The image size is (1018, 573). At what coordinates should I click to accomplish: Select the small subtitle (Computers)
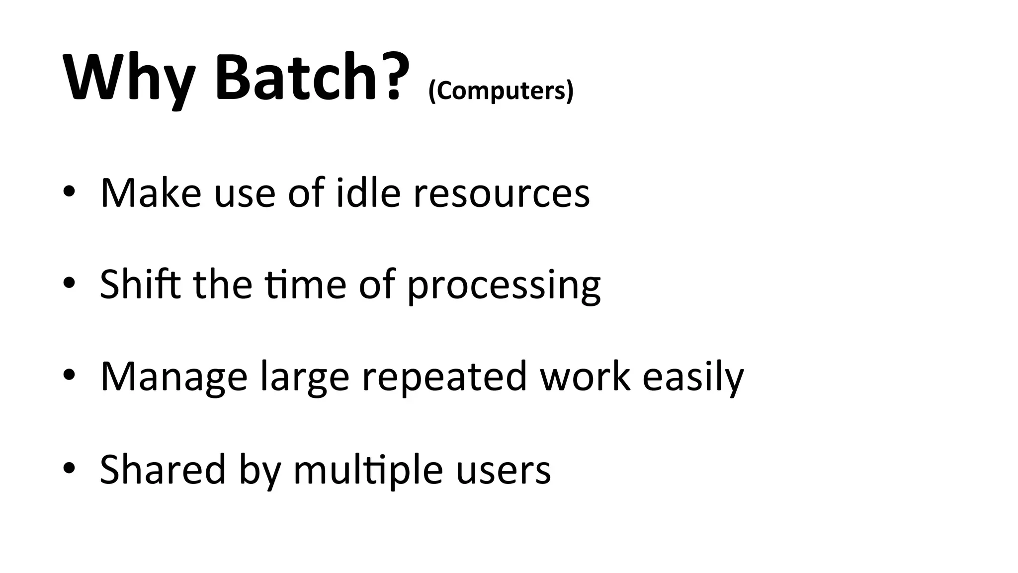pos(501,91)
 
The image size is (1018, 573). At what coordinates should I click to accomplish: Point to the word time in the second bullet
pos(305,285)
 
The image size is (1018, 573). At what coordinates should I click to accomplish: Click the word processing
pos(504,286)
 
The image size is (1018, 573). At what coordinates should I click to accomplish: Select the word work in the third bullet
pos(585,376)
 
